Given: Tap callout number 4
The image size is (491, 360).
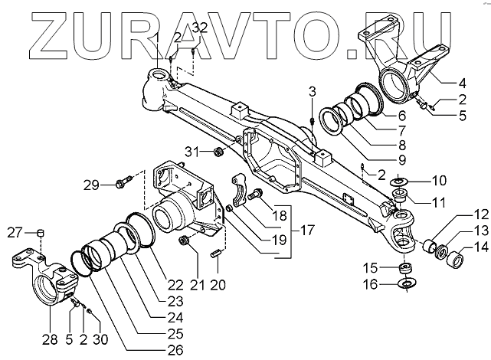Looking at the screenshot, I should pos(463,82).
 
